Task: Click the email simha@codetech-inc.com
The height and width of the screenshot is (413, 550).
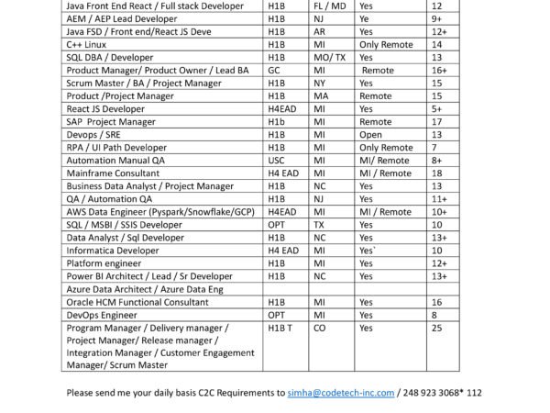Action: (x=340, y=392)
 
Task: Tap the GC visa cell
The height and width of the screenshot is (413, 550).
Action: (x=274, y=69)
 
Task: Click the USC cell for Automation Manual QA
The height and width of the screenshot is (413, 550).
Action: (x=276, y=159)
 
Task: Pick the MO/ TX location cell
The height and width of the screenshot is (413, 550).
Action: (x=330, y=56)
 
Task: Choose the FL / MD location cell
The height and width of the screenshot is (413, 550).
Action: (x=331, y=5)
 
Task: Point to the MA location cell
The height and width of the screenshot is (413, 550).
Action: (x=321, y=95)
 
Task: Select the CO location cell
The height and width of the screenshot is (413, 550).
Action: (x=320, y=327)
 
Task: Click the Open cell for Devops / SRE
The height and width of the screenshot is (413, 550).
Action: (x=371, y=133)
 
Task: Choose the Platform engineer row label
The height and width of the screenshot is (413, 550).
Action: (x=103, y=262)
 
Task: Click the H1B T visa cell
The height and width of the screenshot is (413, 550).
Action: (x=280, y=327)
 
